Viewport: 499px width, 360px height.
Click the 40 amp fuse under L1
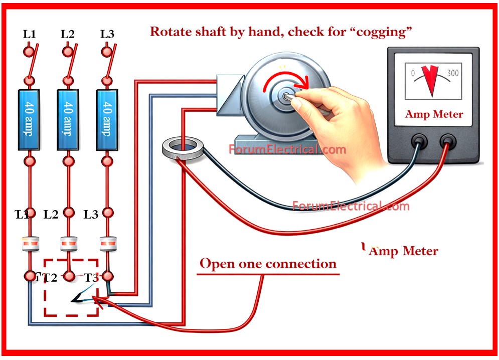point(30,119)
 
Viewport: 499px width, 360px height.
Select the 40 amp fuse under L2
point(68,119)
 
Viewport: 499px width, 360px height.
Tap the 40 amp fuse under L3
point(107,119)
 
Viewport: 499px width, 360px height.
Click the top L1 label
point(30,34)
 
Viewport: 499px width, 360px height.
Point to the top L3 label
point(107,34)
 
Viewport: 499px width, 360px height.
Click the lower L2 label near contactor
point(51,215)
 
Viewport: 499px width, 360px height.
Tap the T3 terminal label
point(91,278)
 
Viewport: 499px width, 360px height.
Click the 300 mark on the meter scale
point(452,73)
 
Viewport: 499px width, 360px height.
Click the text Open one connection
point(268,263)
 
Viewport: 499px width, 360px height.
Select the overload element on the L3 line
point(107,244)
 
